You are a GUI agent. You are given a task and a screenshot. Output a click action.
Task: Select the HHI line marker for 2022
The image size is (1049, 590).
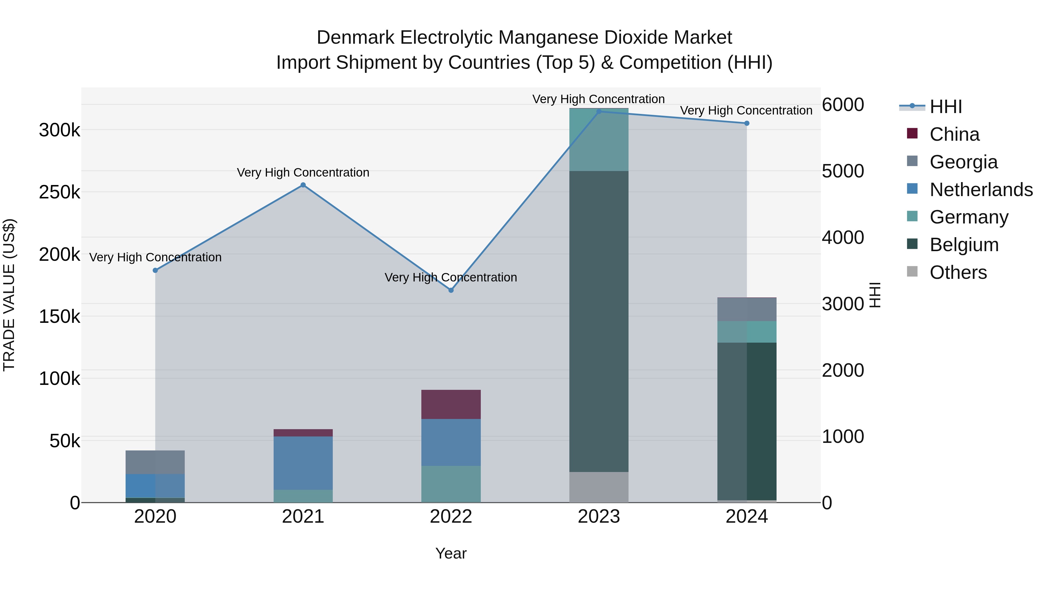click(451, 290)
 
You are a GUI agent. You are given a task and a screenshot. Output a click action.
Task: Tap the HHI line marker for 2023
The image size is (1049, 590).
click(599, 112)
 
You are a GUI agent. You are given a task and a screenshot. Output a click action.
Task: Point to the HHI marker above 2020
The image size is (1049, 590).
click(155, 270)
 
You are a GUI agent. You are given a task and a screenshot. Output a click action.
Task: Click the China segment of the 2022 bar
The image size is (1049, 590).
click(451, 404)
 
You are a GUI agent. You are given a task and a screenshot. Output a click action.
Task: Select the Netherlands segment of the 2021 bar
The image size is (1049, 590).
click(303, 463)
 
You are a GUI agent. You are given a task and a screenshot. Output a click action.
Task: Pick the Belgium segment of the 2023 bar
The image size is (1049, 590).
click(599, 321)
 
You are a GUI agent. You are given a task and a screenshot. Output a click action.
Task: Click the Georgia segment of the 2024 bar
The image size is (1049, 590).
click(747, 309)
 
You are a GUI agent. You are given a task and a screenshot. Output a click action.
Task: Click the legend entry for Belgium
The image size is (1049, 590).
click(964, 245)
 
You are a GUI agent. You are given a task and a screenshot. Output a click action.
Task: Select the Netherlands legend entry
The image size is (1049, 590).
click(981, 190)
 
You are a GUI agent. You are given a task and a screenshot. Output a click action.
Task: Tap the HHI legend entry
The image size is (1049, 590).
click(945, 107)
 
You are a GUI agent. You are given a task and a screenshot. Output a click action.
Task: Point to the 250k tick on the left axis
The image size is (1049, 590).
click(59, 192)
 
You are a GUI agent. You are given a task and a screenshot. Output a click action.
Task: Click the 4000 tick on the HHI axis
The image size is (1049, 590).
click(842, 237)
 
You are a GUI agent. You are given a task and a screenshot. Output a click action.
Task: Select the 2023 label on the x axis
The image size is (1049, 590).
click(599, 517)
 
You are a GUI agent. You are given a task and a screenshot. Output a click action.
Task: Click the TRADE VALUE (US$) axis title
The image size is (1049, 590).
click(9, 295)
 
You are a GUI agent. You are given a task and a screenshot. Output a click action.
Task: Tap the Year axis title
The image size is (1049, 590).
click(451, 553)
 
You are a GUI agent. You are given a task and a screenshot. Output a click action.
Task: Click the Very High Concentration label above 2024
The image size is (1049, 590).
click(746, 111)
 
